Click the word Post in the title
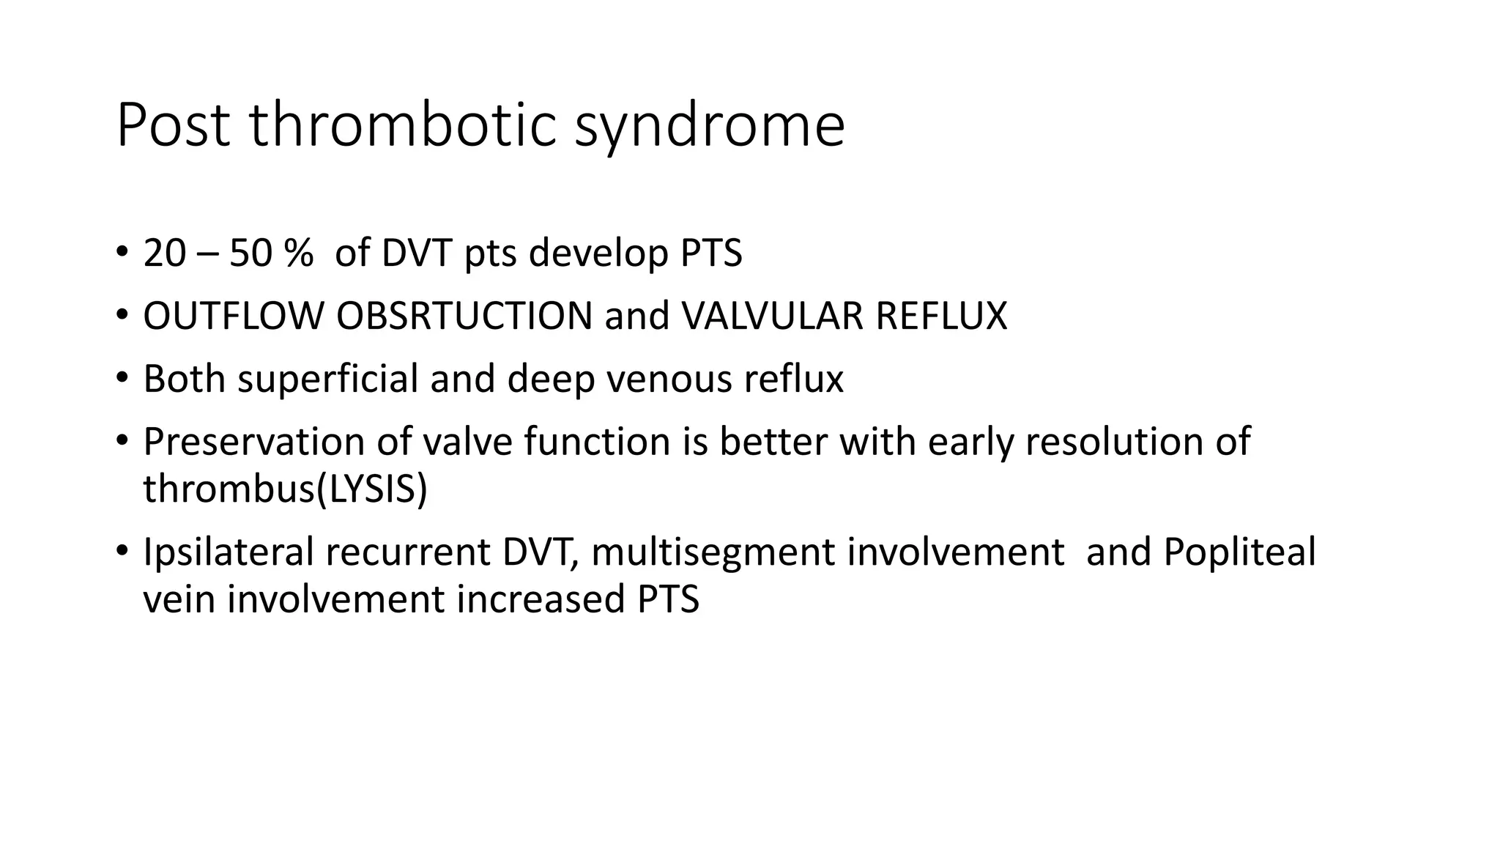pyautogui.click(x=174, y=125)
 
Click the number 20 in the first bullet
pyautogui.click(x=165, y=253)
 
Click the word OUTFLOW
pyautogui.click(x=233, y=316)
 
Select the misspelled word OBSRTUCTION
pyautogui.click(x=464, y=316)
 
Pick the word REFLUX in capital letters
pyautogui.click(x=941, y=316)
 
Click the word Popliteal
pyautogui.click(x=1239, y=552)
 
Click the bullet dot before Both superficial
pyautogui.click(x=122, y=378)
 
